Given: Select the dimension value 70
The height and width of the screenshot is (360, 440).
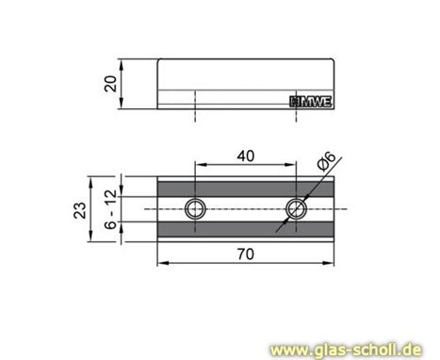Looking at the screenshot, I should point(246,253).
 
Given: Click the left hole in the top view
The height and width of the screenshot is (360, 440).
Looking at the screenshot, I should point(195,207).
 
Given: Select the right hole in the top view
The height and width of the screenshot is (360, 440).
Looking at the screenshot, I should point(298,207).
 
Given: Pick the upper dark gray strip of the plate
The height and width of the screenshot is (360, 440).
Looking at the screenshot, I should point(247,188).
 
